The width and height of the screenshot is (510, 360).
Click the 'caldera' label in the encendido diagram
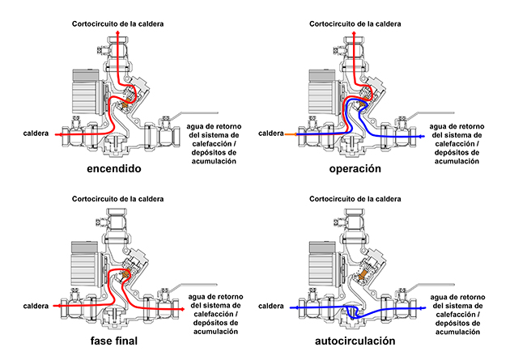point(35,132)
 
